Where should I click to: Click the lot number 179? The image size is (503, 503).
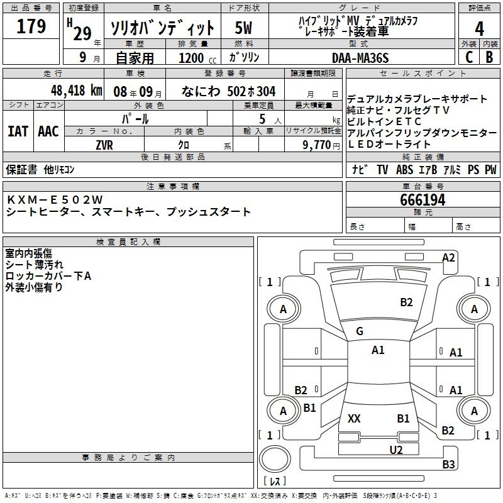[31, 26]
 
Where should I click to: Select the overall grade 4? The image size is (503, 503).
[479, 29]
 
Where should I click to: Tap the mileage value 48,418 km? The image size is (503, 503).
[76, 91]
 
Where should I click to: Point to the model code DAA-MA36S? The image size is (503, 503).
[360, 58]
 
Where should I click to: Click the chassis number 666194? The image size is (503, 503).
[423, 200]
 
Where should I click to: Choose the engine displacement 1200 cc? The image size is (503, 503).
[197, 58]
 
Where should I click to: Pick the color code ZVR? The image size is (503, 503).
[104, 145]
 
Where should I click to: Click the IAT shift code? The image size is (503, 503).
[18, 131]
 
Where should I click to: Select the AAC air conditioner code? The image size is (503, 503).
[48, 131]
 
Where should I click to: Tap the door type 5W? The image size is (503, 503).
[243, 28]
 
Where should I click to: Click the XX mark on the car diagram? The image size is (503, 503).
[354, 419]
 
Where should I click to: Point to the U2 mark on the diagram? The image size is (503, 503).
[396, 450]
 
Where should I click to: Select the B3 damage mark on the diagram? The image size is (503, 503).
[448, 464]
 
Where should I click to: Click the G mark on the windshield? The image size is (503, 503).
[360, 331]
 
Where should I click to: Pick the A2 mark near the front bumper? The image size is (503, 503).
[448, 258]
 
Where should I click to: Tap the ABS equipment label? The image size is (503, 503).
[404, 170]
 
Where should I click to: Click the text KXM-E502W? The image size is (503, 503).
[55, 200]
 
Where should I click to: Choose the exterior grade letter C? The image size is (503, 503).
[469, 57]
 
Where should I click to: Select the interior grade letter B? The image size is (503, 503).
[489, 57]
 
